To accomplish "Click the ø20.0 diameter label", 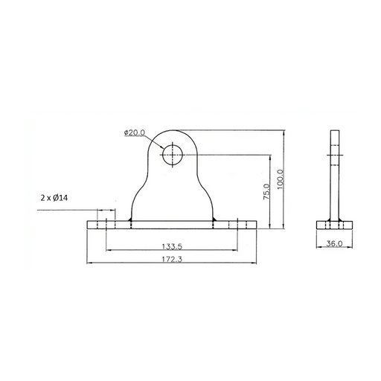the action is click(135, 132).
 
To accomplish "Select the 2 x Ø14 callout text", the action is click(54, 198).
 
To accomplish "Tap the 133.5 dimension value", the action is click(172, 246).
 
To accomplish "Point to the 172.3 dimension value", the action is click(172, 259).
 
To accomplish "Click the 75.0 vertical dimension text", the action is click(266, 191).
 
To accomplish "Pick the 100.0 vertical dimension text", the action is click(280, 179).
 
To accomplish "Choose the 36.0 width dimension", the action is click(334, 243).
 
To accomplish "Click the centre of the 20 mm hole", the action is click(173, 155).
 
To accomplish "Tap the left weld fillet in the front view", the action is click(129, 219).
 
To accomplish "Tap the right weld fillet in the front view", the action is click(214, 219).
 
